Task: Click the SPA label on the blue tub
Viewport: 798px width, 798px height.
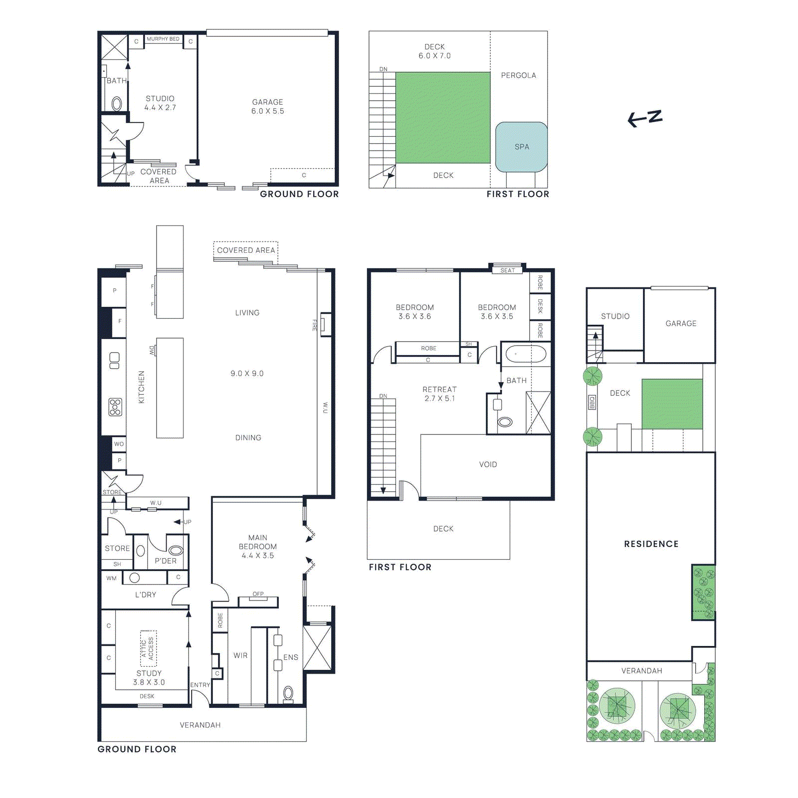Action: [522, 147]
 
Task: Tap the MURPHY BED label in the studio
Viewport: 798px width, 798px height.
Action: [163, 39]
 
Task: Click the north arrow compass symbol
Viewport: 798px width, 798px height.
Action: [645, 119]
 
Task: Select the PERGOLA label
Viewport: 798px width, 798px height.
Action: [518, 75]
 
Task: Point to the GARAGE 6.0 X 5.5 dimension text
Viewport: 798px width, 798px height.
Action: [267, 111]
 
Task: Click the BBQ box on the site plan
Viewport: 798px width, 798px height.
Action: [592, 402]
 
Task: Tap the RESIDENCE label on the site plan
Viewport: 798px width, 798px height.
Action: [651, 544]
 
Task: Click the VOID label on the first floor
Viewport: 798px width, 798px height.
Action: [488, 464]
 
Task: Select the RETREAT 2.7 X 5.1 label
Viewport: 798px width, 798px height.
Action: [439, 394]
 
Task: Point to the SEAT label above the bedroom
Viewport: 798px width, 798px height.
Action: [507, 270]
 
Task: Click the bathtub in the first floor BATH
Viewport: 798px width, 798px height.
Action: [526, 355]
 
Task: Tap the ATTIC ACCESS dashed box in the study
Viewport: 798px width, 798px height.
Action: [148, 648]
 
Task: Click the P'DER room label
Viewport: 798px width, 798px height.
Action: [166, 561]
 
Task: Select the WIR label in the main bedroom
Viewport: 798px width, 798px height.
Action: [240, 655]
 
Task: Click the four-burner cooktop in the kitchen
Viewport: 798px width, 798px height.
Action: [115, 407]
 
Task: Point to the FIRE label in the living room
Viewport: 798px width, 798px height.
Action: [315, 325]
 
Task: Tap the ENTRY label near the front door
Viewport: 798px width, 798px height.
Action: [200, 685]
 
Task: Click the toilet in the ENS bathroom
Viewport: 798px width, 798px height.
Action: [288, 693]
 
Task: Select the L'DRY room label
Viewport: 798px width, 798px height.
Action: [146, 595]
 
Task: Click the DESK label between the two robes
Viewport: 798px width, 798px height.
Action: [540, 306]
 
